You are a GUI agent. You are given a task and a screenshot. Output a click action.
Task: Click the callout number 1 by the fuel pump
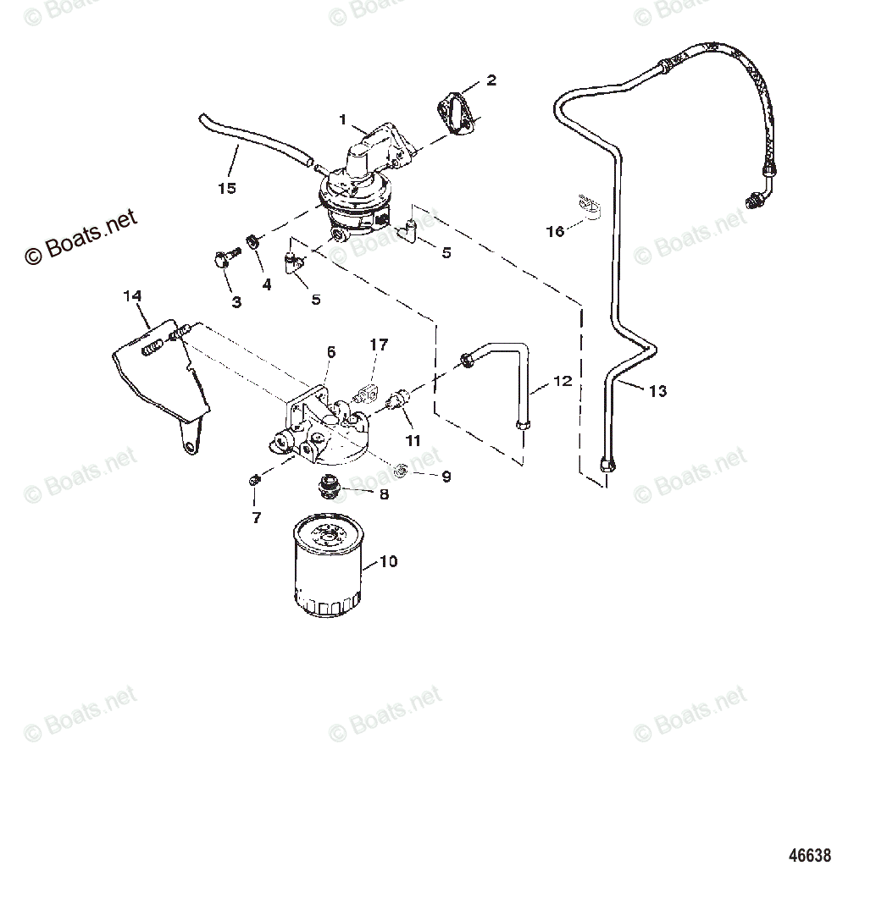[343, 119]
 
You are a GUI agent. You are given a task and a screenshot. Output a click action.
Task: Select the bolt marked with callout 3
[225, 256]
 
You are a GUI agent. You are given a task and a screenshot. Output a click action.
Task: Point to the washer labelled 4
[252, 243]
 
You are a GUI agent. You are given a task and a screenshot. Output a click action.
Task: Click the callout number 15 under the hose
[226, 188]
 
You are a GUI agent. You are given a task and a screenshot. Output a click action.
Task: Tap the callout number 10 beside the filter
[388, 561]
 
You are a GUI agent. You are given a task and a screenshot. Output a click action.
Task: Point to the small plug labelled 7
[255, 481]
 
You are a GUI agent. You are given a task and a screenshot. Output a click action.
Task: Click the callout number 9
[446, 477]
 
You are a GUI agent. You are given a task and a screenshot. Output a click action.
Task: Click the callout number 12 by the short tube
[563, 382]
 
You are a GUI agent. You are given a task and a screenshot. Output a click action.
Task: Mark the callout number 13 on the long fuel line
[658, 390]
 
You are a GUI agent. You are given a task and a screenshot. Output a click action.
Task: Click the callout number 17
[379, 345]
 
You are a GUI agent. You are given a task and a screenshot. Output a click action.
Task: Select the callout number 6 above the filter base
[331, 351]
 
